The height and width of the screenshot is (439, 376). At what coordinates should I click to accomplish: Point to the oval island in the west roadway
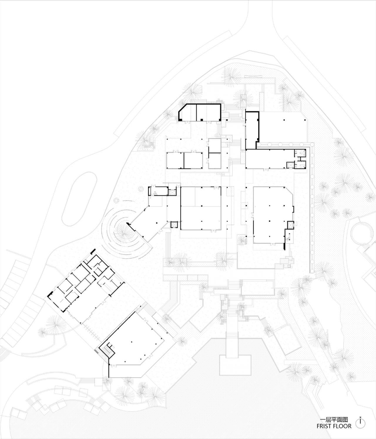coord(80,199)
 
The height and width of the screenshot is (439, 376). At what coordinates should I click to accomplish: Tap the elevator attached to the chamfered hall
coord(290,225)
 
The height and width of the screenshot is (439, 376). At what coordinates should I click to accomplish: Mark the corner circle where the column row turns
coord(312,144)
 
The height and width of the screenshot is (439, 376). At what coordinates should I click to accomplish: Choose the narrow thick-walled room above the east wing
coord(251,130)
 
